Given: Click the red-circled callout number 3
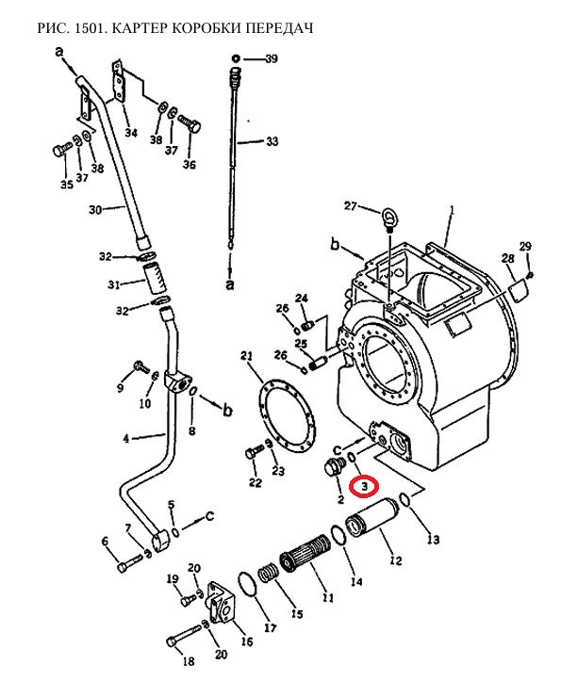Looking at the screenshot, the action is click(x=365, y=486).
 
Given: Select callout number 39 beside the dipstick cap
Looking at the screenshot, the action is click(x=272, y=58).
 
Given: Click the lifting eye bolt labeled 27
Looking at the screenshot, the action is click(x=388, y=219).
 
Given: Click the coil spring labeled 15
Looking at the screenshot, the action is click(x=270, y=575).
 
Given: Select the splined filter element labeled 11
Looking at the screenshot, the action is click(x=305, y=553).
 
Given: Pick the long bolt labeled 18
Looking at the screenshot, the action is click(x=184, y=636).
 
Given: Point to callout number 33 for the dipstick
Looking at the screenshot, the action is click(x=272, y=141).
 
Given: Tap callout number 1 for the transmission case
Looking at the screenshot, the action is click(x=452, y=211).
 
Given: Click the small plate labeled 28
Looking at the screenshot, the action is click(x=519, y=291).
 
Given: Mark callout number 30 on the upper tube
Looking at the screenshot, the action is click(x=95, y=210).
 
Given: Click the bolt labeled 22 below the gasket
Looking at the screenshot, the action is click(x=254, y=451).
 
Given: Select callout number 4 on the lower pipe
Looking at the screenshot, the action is click(x=126, y=439).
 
